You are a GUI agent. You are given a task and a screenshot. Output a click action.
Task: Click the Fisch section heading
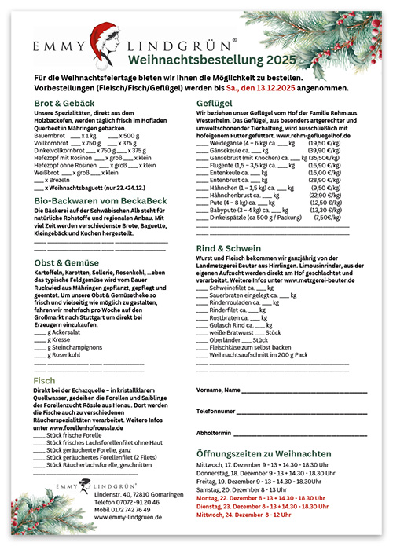[45, 380]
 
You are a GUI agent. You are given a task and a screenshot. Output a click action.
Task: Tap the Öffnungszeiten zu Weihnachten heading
[274, 454]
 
